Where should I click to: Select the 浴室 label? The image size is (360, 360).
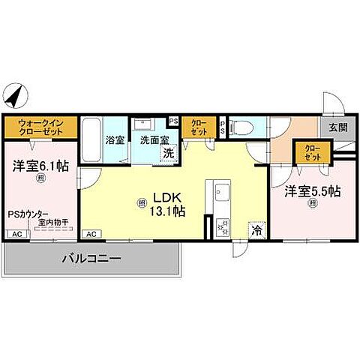[114, 139]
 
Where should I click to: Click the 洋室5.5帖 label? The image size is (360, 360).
[312, 191]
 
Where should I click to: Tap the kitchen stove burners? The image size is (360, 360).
[222, 224]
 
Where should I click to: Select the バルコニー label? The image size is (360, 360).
[91, 259]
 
